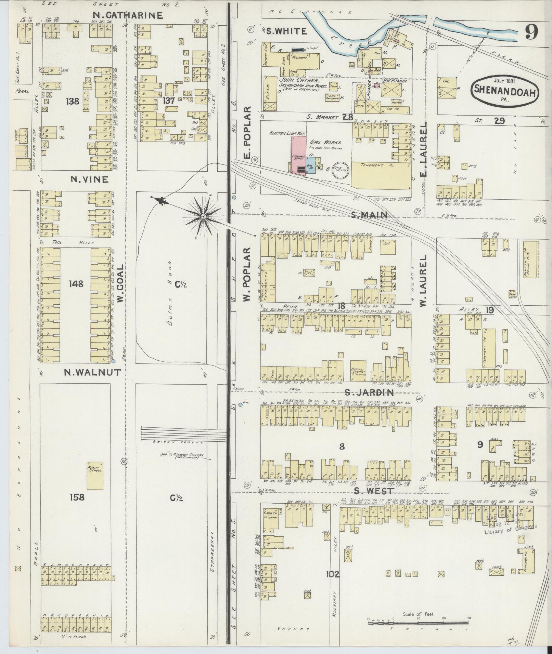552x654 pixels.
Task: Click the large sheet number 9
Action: point(531,32)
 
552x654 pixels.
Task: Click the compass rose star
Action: point(203,216)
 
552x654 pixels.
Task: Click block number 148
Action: point(76,284)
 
